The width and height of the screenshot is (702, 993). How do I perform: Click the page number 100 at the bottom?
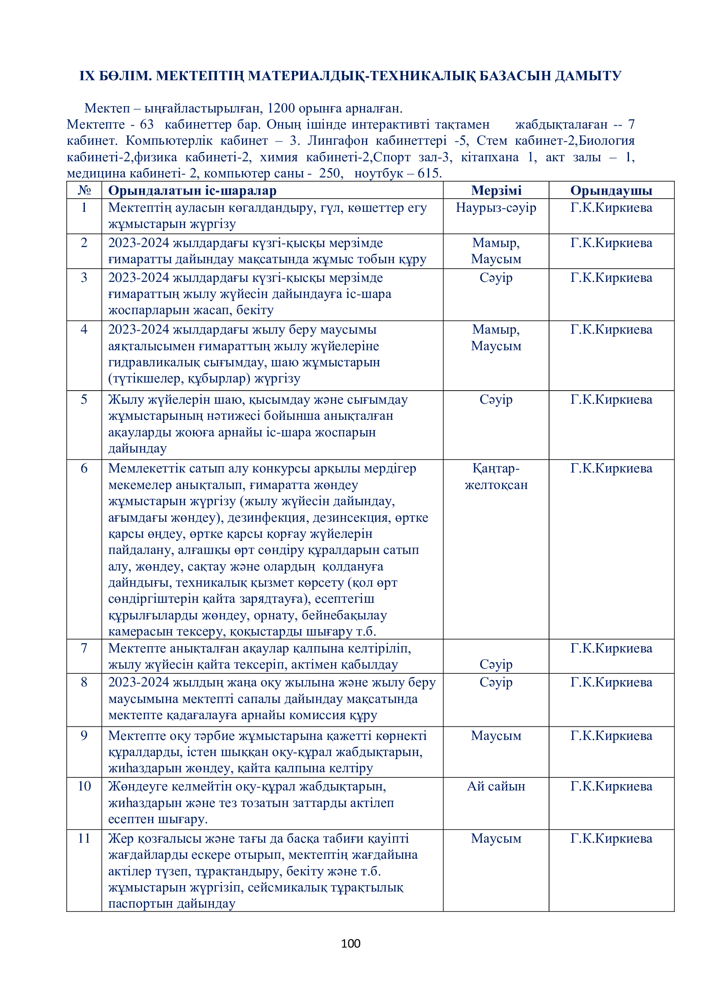(x=351, y=943)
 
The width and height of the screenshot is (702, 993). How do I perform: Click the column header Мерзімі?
(x=496, y=190)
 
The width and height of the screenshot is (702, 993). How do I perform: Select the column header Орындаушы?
(x=611, y=190)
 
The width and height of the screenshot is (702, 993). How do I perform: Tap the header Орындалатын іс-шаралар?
(x=192, y=190)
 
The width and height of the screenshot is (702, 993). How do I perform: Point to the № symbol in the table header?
(x=84, y=190)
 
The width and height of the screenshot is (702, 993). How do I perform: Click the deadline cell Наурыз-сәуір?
(x=496, y=208)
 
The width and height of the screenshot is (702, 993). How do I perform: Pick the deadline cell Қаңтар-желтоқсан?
(x=496, y=477)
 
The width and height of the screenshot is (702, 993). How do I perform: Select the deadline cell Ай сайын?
(x=496, y=786)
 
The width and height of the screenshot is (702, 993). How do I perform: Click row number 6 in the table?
(x=84, y=468)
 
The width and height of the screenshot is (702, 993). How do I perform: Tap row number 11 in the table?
(x=84, y=838)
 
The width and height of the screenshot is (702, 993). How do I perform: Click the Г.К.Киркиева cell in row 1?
(x=611, y=208)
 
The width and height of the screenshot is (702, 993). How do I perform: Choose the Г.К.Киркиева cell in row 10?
(x=611, y=786)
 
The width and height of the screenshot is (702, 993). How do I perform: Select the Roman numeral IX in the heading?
(x=87, y=76)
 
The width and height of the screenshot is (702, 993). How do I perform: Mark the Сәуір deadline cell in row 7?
(x=496, y=664)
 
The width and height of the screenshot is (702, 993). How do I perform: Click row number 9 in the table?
(x=84, y=736)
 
